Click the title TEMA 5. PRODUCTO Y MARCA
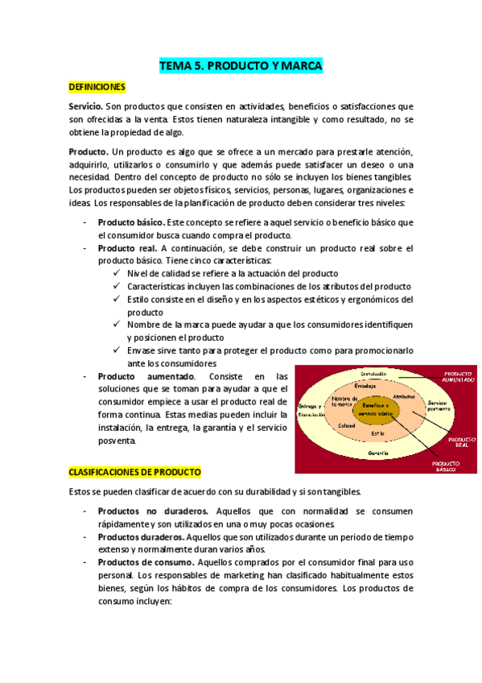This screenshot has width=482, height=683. pos(241,66)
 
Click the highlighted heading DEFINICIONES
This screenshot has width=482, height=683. pos(97,85)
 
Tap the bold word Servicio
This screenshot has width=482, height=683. pos(85,106)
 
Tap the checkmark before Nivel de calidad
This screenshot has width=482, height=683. pos(118,274)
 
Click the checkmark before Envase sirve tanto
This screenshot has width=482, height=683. pos(118,351)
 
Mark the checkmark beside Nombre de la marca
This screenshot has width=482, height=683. pos(118,325)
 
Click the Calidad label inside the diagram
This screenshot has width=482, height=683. pos(347,425)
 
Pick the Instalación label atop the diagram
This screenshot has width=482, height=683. pos(375,373)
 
